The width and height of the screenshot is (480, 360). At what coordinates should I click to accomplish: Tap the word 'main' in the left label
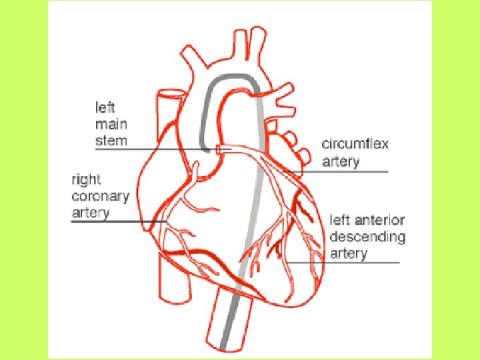(x=111, y=124)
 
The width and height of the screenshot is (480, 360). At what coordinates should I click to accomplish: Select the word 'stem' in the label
(x=111, y=141)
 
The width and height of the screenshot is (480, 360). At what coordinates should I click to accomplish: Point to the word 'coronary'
(x=99, y=197)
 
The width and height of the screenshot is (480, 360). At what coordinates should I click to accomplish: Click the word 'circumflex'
(x=354, y=144)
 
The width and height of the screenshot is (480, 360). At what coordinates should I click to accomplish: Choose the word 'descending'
(x=367, y=237)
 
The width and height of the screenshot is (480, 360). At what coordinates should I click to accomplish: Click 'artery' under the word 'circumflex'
(x=341, y=161)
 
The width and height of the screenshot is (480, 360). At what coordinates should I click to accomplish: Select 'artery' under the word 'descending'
(x=349, y=254)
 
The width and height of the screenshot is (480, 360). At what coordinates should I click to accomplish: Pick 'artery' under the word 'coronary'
(x=90, y=213)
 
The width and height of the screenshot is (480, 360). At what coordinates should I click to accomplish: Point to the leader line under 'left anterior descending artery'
(x=353, y=263)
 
